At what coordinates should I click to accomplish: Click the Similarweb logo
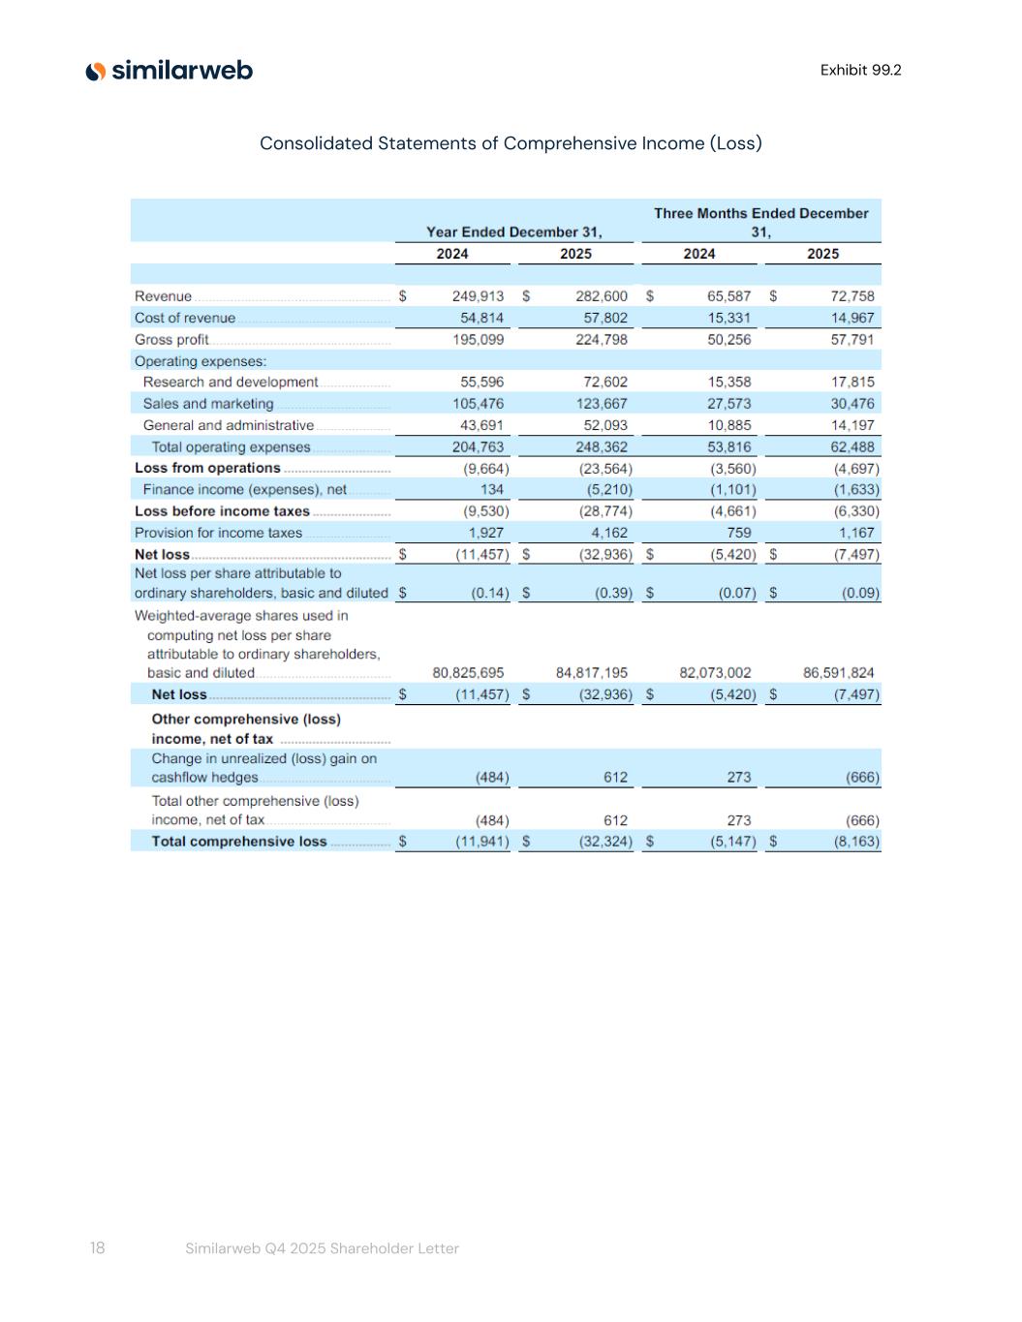(x=170, y=71)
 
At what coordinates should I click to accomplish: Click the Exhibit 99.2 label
(x=860, y=70)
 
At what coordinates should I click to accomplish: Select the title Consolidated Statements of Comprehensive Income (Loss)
(x=511, y=143)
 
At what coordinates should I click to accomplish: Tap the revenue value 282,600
(x=601, y=296)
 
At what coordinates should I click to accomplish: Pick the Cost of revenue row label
(x=185, y=318)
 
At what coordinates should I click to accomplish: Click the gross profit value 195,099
(x=478, y=340)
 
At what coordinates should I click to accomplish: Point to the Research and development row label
(x=231, y=383)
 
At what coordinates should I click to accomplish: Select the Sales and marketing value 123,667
(x=601, y=404)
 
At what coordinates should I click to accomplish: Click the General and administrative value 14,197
(x=852, y=425)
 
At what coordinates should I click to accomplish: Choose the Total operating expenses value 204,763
(x=478, y=447)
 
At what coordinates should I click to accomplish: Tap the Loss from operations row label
(x=207, y=468)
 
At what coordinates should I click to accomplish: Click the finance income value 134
(x=491, y=490)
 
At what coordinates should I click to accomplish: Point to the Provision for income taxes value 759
(x=738, y=533)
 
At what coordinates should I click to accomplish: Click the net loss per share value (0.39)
(x=613, y=593)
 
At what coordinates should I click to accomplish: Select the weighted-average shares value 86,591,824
(x=838, y=673)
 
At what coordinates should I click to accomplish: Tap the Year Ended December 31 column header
(x=513, y=231)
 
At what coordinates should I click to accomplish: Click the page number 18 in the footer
(x=97, y=1248)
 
